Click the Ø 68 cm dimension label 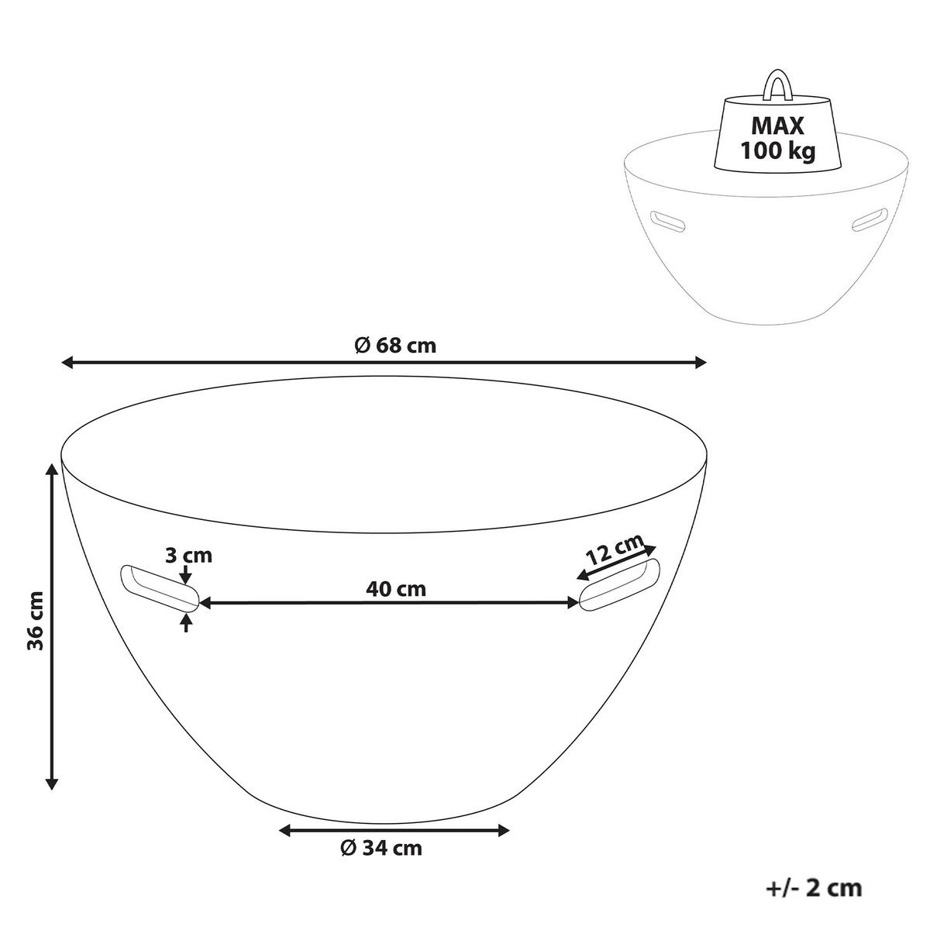(394, 346)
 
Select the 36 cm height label (35, 620)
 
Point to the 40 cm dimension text (396, 588)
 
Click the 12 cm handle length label (615, 549)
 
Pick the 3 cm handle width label (188, 556)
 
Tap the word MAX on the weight (777, 126)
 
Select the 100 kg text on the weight (778, 151)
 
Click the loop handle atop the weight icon (777, 87)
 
